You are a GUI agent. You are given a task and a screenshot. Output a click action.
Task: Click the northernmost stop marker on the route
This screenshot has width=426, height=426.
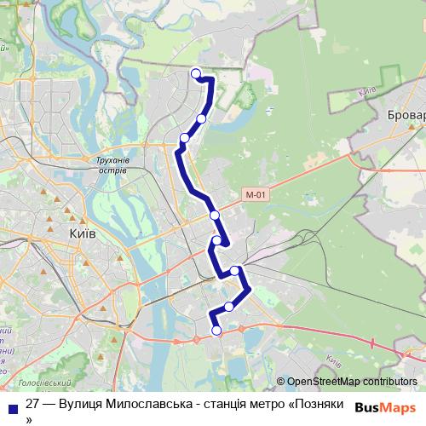point(196,72)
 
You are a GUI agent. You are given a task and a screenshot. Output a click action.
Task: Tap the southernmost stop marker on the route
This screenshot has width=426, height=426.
point(216,331)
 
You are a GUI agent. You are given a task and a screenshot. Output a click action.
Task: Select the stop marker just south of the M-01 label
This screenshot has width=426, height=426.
point(215,215)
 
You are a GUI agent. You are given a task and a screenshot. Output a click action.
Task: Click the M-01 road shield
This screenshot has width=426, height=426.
point(256,194)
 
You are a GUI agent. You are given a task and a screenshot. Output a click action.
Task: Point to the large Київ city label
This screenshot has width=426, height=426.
point(82,233)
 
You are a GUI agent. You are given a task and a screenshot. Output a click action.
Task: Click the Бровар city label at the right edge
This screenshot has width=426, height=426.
point(406,114)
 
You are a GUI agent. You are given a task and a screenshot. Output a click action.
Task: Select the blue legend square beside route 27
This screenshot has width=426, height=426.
point(13,408)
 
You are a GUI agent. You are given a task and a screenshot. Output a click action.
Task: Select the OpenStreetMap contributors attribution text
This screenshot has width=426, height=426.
point(352,382)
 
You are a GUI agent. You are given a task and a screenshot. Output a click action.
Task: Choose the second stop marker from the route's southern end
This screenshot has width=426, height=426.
point(228,306)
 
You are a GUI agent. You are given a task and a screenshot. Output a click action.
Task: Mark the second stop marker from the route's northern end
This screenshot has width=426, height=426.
point(202,119)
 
